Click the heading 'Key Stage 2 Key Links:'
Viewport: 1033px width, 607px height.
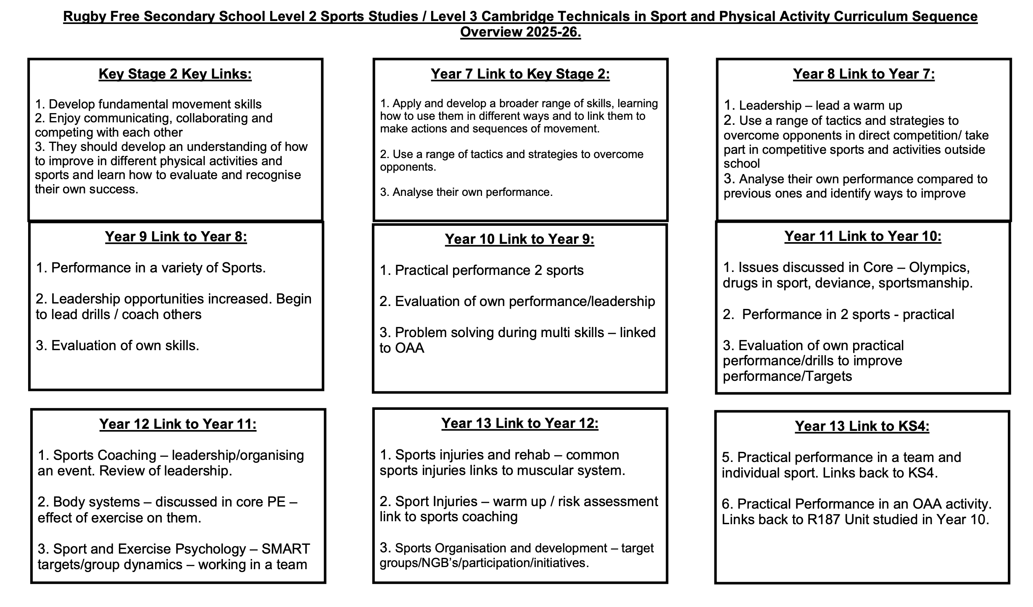click(175, 74)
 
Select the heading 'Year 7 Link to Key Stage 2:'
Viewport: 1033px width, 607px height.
click(520, 74)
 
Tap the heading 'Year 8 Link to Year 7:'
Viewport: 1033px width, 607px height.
click(864, 74)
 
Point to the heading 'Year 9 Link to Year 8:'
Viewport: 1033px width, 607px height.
click(176, 237)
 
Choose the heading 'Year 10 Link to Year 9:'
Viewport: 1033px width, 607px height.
click(519, 239)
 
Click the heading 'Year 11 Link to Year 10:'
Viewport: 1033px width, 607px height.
click(863, 236)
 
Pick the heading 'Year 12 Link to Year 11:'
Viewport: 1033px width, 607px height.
click(178, 424)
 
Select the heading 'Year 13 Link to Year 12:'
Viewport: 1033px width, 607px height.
click(520, 423)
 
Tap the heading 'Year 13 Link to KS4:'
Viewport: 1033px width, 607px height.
click(862, 426)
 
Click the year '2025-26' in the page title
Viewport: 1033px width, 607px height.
click(554, 32)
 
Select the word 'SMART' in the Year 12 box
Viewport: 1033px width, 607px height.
click(286, 549)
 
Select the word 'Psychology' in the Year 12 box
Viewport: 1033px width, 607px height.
click(211, 549)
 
